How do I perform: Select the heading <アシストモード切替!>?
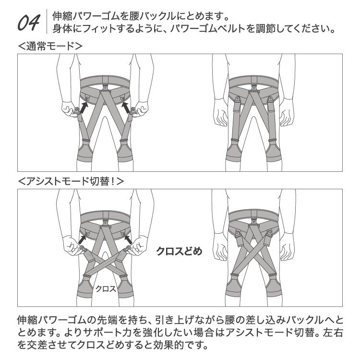click(x=70, y=181)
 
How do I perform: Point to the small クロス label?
click(x=106, y=288)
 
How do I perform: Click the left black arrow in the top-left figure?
click(x=83, y=108)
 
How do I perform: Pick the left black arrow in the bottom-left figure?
click(x=84, y=237)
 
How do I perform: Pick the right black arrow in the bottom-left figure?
click(x=128, y=237)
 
